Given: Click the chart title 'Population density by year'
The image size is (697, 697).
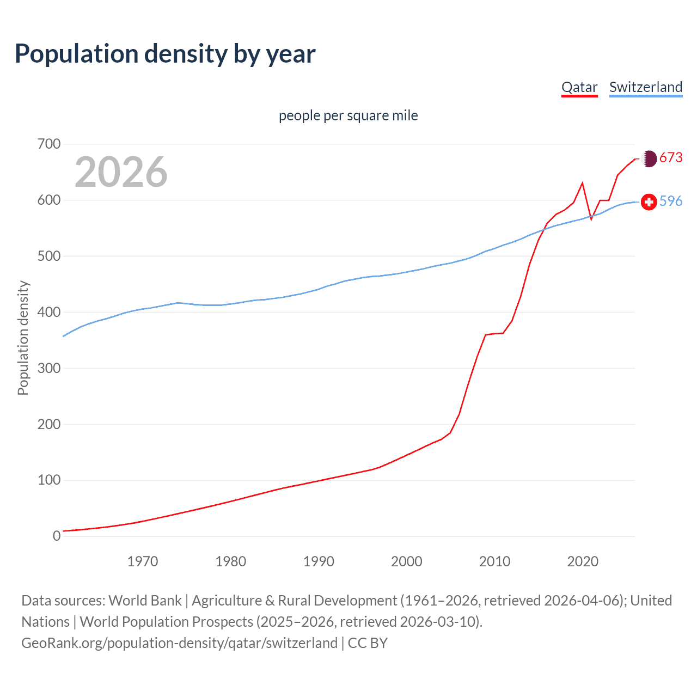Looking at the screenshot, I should (x=165, y=54).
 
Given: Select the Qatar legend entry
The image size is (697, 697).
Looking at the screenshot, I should (x=579, y=87).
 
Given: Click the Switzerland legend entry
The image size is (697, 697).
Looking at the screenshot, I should (x=646, y=87).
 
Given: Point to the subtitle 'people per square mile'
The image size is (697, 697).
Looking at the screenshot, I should (x=348, y=115).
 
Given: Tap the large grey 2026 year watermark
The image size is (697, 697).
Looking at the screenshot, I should (x=121, y=172).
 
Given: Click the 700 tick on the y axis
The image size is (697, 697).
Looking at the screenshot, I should (x=49, y=144).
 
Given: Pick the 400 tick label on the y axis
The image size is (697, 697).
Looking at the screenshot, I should (x=49, y=312).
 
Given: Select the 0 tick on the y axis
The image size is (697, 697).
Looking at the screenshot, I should (x=57, y=536).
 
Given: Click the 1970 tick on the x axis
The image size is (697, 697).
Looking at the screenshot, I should (x=143, y=561).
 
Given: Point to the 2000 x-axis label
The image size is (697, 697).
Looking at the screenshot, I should (x=407, y=561).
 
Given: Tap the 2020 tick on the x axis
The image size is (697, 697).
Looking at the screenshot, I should (x=583, y=561).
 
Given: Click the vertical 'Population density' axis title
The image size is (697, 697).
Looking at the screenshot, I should (x=23, y=338).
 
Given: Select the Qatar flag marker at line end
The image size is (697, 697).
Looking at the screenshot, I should (x=649, y=158).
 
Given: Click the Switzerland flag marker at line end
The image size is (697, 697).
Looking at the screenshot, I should (x=649, y=202).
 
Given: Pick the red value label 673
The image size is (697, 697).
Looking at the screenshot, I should (x=671, y=157).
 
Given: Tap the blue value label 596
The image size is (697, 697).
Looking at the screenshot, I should (x=671, y=201).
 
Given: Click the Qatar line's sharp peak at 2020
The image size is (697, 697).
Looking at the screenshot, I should (x=583, y=183).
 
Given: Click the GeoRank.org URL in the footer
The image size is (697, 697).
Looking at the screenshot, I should (x=179, y=643).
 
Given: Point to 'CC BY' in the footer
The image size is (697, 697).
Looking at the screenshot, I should (x=368, y=643).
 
